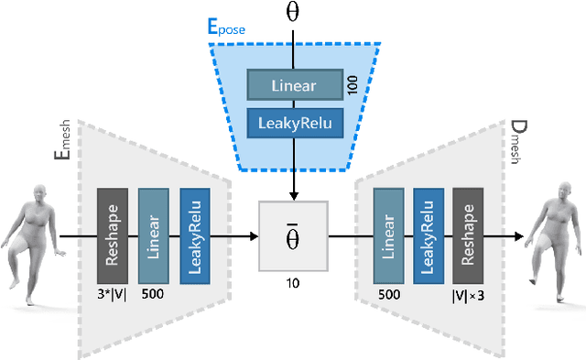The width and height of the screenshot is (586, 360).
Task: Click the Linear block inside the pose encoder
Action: click(294, 85)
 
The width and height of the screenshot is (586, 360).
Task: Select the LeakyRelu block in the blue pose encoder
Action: click(294, 122)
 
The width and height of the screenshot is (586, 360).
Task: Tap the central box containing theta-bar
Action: click(293, 236)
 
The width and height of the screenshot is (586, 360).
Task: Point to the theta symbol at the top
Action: click(293, 12)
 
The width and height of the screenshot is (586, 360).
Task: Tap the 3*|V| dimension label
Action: click(113, 297)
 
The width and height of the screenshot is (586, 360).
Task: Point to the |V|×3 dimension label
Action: click(469, 297)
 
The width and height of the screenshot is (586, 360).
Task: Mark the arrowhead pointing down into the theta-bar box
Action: click(293, 193)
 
